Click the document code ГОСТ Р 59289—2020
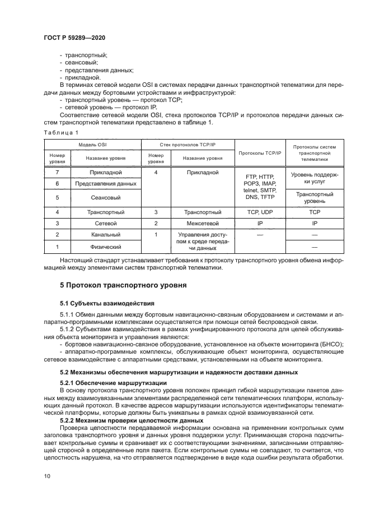click(x=74, y=37)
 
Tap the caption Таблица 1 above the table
click(x=60, y=132)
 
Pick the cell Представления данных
click(x=104, y=184)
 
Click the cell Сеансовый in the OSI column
click(x=104, y=198)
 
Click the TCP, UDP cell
click(x=259, y=212)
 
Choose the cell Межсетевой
click(x=200, y=224)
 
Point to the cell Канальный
click(x=104, y=235)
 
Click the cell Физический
click(x=104, y=247)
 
